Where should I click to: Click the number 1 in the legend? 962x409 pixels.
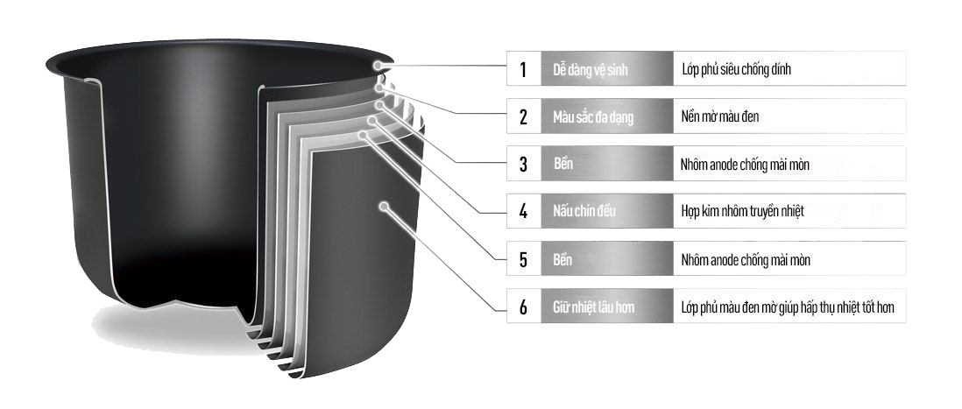(x=523, y=69)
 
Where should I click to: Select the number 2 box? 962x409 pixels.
(x=523, y=116)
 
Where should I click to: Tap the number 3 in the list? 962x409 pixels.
(x=523, y=165)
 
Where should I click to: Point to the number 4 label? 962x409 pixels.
(x=523, y=212)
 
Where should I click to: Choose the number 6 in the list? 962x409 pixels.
(x=523, y=307)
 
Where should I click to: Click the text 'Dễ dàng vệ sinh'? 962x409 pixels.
(x=591, y=69)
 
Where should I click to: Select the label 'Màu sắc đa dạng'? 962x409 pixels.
(x=592, y=116)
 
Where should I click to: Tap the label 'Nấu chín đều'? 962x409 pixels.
(x=584, y=212)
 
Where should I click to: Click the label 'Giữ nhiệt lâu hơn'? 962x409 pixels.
(x=593, y=307)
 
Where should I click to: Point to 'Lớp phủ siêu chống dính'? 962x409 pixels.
(x=736, y=69)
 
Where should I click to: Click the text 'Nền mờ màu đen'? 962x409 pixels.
(x=719, y=116)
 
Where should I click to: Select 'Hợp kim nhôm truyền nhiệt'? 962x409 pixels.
(x=742, y=212)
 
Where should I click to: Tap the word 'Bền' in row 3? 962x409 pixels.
(x=562, y=165)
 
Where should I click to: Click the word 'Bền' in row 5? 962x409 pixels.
(x=562, y=259)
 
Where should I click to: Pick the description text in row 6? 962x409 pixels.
(x=788, y=307)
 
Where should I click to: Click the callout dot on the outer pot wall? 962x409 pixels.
(x=384, y=207)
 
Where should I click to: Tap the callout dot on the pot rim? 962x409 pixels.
(x=378, y=65)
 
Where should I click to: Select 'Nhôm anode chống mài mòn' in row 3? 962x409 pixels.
(x=745, y=165)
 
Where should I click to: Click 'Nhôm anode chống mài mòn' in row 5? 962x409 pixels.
(x=746, y=259)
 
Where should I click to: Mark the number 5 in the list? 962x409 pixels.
(x=523, y=259)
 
